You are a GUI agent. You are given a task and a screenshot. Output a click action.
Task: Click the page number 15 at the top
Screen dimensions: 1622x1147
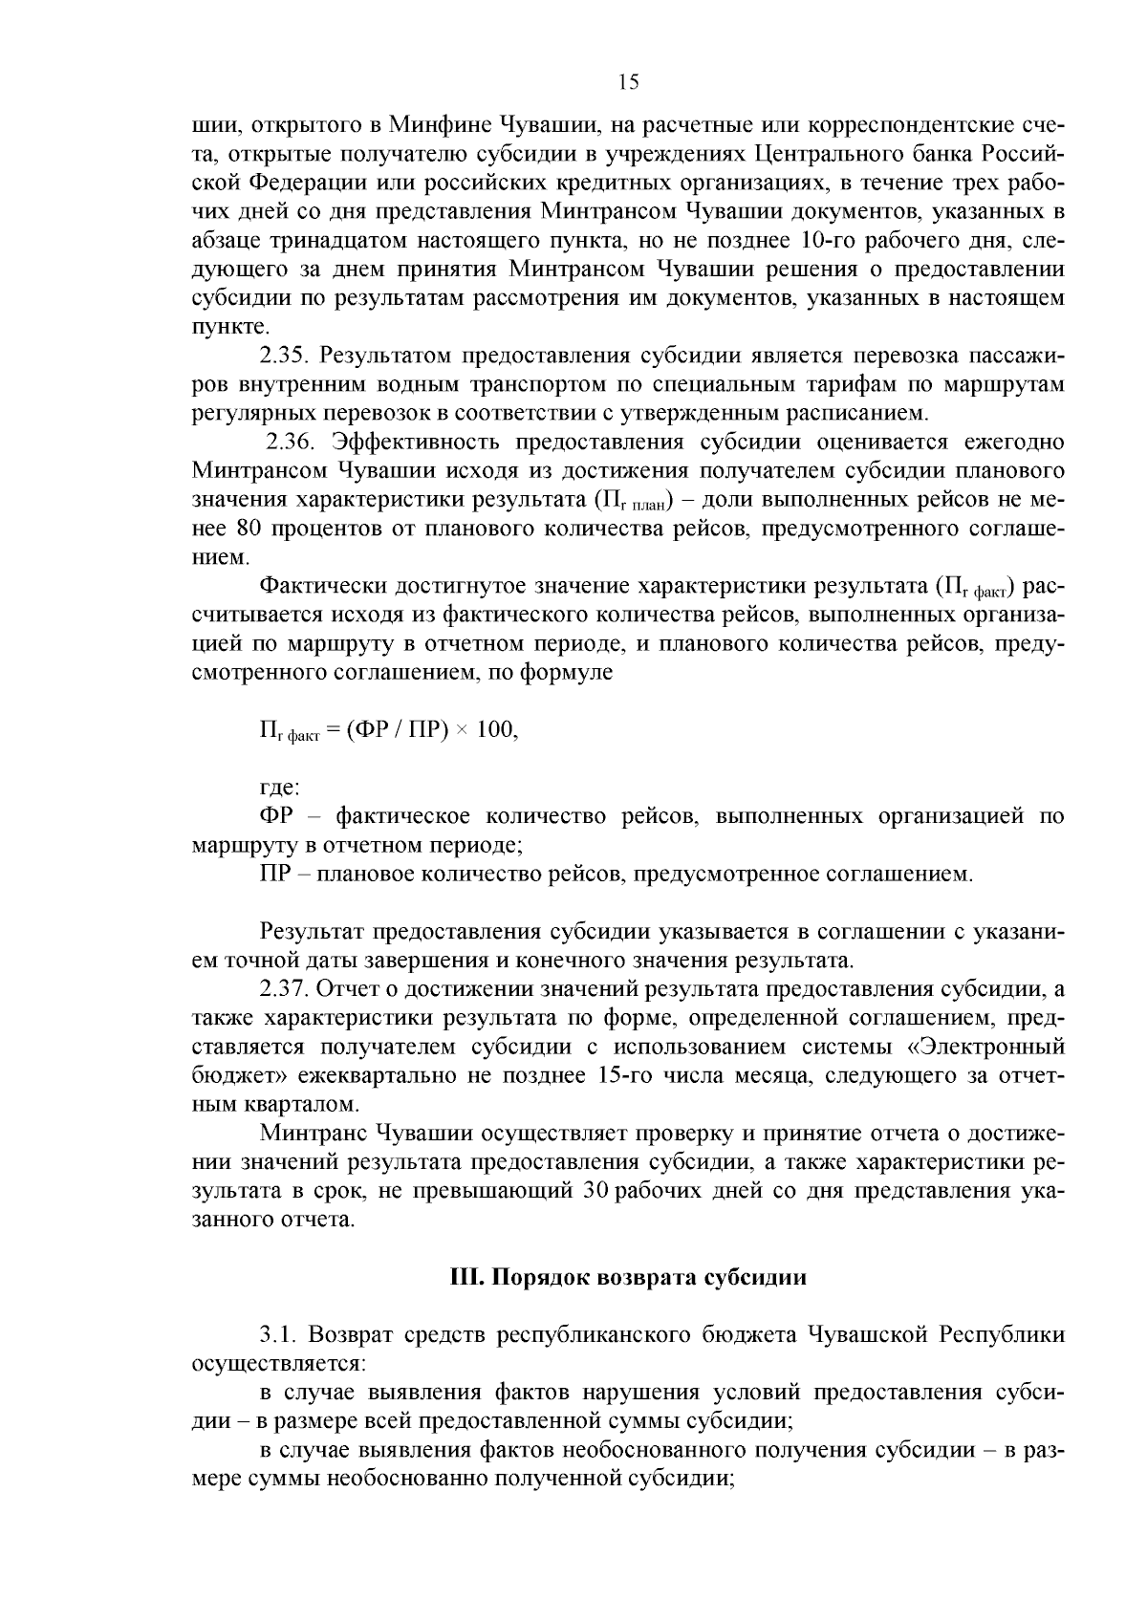coord(628,82)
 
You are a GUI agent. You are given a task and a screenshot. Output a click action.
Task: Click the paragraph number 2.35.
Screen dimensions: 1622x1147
coord(286,357)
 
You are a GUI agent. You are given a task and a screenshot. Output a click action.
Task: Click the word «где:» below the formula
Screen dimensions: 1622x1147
coord(280,789)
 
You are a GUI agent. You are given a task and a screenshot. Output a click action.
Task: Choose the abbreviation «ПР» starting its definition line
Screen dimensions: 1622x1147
coord(275,875)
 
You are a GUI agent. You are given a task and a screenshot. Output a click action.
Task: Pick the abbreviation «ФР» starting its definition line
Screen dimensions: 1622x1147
coord(277,817)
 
